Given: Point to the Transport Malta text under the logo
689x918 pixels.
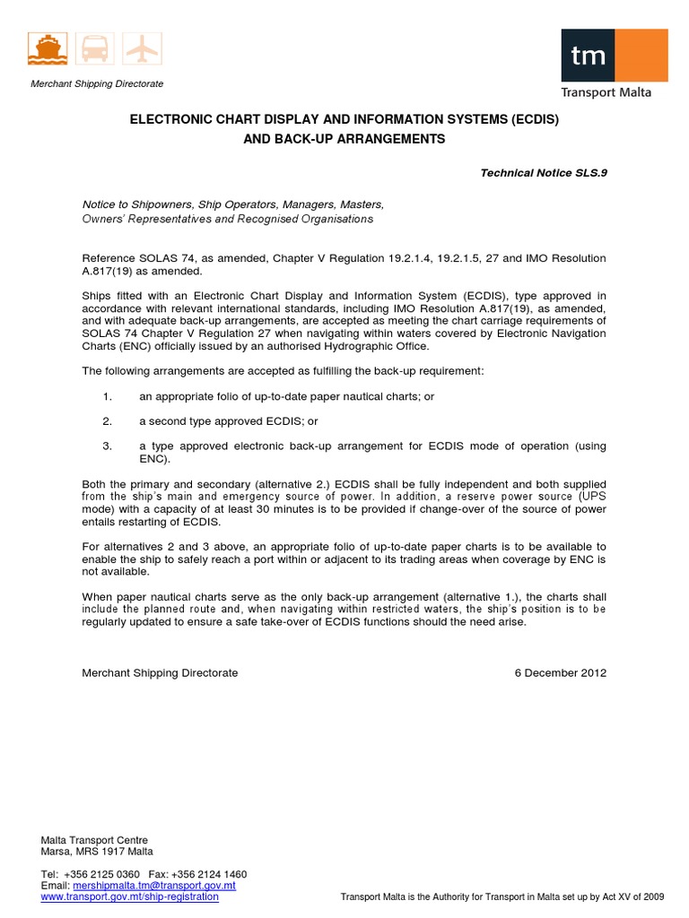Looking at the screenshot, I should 606,92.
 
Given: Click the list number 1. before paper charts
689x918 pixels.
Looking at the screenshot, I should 108,395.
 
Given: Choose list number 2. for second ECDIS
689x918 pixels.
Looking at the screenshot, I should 108,420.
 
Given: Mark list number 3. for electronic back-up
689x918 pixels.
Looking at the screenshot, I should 108,446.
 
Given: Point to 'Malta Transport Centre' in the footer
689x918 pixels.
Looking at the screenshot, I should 94,840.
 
